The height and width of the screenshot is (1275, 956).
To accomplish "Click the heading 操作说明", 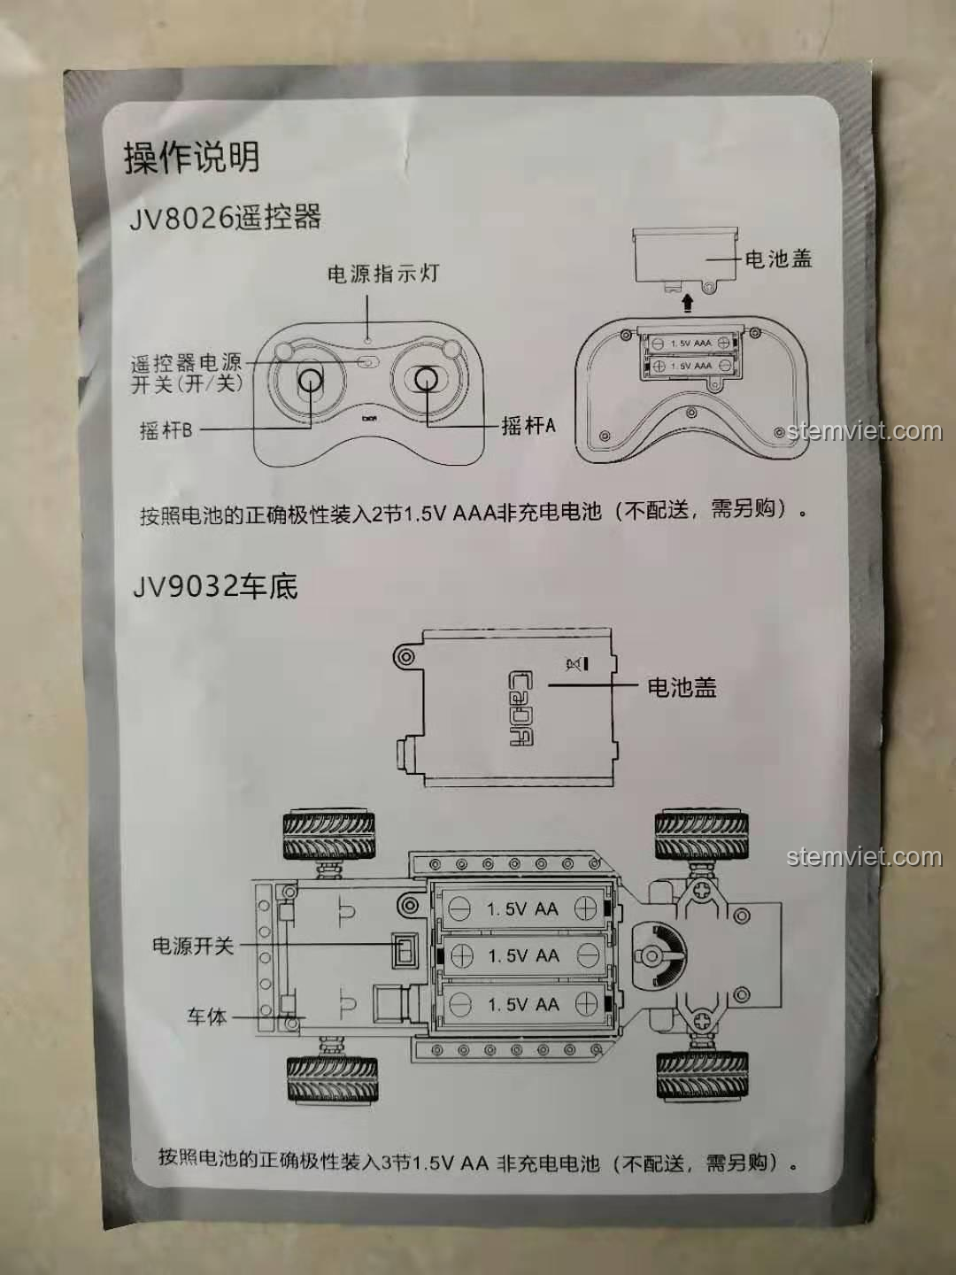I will [x=191, y=158].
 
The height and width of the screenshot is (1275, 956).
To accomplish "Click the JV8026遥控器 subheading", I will [x=226, y=218].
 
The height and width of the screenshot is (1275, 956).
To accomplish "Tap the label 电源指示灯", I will [x=383, y=274].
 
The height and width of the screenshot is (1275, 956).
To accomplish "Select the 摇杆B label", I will [x=166, y=430].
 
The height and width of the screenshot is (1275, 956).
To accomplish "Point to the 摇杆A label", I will [x=528, y=426].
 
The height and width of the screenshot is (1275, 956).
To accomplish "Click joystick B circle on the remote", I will [x=310, y=381].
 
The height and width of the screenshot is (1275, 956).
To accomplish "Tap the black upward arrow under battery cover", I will [x=688, y=304].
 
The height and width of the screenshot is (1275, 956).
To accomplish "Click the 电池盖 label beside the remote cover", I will [x=778, y=259].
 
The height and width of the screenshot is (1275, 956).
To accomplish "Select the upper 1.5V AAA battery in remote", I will [x=690, y=343].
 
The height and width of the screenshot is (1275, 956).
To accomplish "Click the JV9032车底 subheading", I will [x=215, y=586].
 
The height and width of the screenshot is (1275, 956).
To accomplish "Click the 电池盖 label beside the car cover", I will [x=682, y=687].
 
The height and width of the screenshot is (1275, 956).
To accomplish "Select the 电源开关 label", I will [x=192, y=946].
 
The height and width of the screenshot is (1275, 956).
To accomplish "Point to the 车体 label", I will [x=206, y=1017].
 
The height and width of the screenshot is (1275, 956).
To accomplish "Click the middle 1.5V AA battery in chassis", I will [x=523, y=956].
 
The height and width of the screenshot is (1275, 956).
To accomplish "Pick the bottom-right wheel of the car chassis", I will [x=702, y=1076].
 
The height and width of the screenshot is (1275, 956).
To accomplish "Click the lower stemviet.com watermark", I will [x=864, y=857].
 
